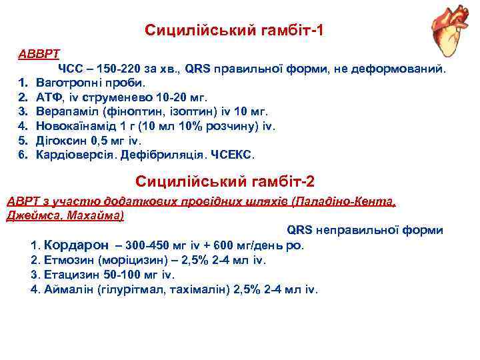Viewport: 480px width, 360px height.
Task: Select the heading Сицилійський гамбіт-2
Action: [x=225, y=181]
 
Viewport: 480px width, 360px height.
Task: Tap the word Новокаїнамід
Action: [x=77, y=126]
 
